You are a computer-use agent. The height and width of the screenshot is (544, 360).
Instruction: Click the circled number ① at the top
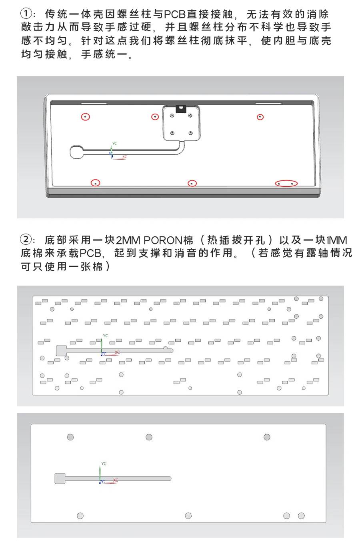point(26,14)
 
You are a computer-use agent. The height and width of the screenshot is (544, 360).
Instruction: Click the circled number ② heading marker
point(26,240)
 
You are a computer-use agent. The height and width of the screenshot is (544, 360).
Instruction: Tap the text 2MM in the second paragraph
point(128,240)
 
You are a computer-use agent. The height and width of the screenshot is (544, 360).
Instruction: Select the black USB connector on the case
point(180,108)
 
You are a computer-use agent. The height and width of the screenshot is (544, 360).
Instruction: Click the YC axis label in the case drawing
point(114,144)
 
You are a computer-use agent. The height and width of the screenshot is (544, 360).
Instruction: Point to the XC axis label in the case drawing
point(125,157)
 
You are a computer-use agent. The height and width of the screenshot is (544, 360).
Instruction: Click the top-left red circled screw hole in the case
point(85,117)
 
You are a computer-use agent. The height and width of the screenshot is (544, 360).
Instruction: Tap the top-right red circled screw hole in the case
point(260,117)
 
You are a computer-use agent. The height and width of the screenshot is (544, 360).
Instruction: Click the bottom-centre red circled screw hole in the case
point(192,183)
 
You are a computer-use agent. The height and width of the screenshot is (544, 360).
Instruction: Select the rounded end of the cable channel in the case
point(77,152)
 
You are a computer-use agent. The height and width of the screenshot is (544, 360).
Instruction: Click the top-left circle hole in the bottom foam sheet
point(70,437)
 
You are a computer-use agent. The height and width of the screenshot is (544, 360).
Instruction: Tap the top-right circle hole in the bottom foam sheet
point(267,437)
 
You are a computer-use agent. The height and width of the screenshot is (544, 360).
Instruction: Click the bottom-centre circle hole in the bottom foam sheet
point(188,516)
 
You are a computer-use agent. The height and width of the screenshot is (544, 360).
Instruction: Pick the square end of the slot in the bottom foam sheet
point(60,478)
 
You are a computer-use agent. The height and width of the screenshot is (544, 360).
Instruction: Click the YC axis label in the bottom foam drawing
point(104,463)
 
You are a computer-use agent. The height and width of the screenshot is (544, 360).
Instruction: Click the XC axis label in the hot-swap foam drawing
point(117,352)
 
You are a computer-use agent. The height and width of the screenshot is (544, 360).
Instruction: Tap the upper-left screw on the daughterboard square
point(172,116)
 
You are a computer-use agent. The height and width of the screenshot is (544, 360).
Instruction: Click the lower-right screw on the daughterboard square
point(191,133)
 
